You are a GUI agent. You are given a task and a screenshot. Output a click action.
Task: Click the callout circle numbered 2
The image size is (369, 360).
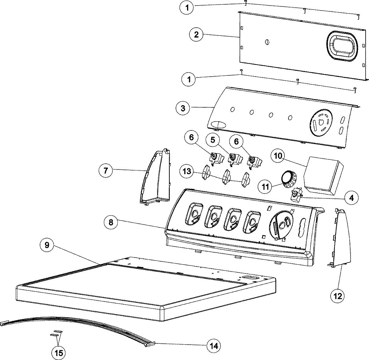pos(196,34)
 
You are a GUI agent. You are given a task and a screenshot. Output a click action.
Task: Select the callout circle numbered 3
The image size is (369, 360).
pos(183,108)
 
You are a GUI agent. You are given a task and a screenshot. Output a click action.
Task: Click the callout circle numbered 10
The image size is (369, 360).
pos(278,156)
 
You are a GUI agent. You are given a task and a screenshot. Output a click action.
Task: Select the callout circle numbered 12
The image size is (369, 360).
pos(338,296)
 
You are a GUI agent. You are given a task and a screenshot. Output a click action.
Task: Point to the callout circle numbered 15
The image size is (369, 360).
pos(59,353)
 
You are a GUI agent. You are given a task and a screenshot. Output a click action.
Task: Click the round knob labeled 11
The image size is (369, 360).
pos(289,179)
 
